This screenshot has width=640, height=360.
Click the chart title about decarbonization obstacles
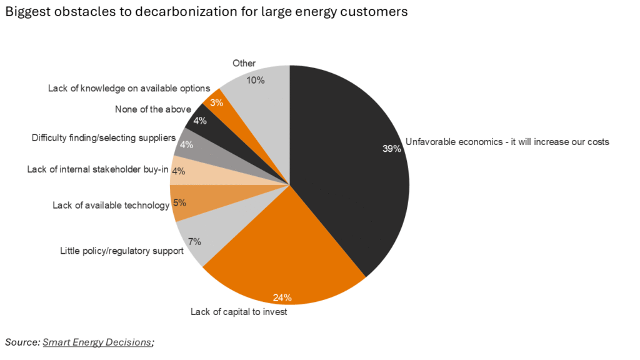point(206,12)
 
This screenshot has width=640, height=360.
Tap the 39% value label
point(392,149)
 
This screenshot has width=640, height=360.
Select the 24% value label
point(282,297)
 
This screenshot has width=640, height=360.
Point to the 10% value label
point(256,80)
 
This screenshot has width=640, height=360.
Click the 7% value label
point(194,241)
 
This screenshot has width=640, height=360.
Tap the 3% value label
point(217,102)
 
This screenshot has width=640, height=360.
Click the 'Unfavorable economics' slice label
point(507,142)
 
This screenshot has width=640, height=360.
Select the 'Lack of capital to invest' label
point(239,312)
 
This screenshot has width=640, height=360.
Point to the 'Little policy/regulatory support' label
point(122,251)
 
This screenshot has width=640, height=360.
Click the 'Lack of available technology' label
point(111,205)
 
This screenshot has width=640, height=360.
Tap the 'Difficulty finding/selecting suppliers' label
point(104,137)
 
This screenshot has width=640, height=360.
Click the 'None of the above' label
point(153,109)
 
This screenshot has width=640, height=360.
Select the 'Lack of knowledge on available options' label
point(129,88)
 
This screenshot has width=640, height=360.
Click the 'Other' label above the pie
point(244,63)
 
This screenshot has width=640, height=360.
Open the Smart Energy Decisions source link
point(97,342)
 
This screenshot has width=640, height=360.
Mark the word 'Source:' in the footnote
point(22,342)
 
